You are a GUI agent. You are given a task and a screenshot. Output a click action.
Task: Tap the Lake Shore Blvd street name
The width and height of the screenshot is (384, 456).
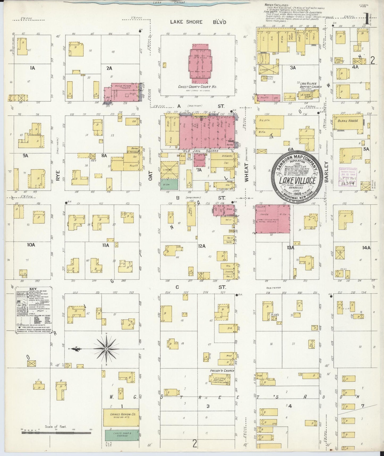coord(198,22)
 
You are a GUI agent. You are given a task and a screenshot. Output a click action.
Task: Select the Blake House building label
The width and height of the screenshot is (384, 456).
coord(348,121)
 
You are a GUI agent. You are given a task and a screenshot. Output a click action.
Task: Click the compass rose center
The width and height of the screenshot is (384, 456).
coord(106,349)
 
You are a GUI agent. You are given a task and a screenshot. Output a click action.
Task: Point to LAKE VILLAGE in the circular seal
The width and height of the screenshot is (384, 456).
coord(297,181)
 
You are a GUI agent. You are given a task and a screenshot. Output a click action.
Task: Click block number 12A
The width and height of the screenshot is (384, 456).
coord(202,246)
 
